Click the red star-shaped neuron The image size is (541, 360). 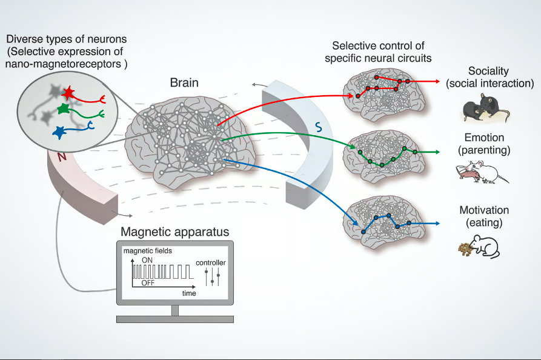[68, 93]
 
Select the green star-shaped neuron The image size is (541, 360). [63, 109]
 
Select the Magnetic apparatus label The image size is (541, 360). [174, 232]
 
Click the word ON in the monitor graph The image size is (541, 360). [147, 259]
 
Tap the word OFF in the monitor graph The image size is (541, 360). [147, 283]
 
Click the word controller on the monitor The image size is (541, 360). [211, 263]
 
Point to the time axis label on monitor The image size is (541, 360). [189, 293]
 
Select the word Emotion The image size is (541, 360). [484, 138]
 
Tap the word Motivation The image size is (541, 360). [484, 210]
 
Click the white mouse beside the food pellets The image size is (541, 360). [487, 247]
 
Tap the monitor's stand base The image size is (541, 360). [174, 318]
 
